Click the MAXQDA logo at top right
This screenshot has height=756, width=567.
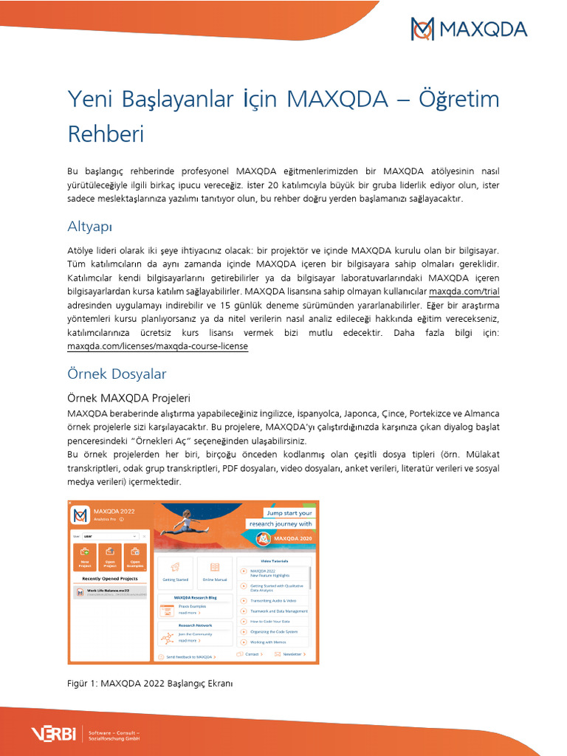click(469, 30)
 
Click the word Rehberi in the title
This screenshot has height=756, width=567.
click(106, 134)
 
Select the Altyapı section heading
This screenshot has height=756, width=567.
click(89, 225)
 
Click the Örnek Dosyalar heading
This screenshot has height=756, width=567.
click(117, 374)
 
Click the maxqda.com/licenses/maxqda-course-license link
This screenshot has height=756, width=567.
click(157, 346)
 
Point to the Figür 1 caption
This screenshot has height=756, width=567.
click(150, 684)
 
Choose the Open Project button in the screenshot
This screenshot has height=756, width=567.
click(110, 557)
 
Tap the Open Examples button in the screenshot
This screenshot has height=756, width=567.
click(135, 557)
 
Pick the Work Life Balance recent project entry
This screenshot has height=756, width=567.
click(111, 592)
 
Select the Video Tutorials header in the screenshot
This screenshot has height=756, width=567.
click(275, 561)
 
